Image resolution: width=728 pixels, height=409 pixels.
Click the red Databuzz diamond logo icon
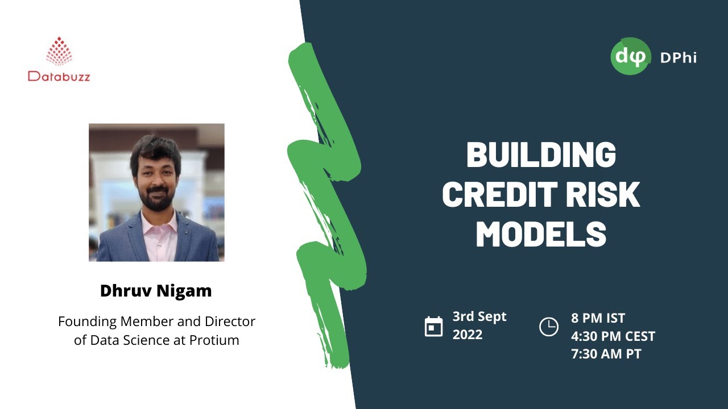tap(59, 51)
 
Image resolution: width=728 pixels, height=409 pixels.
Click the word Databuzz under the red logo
tap(59, 76)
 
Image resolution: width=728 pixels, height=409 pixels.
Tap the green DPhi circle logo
tap(631, 56)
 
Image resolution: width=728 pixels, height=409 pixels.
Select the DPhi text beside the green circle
tap(678, 57)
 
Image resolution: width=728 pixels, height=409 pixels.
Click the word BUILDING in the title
tap(541, 155)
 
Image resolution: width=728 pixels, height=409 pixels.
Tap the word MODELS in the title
tap(541, 234)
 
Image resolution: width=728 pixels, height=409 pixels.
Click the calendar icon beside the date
tap(433, 327)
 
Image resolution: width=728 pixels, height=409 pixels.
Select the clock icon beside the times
tap(548, 327)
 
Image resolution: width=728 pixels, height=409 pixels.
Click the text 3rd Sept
tap(479, 317)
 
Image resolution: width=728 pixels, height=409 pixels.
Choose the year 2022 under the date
tap(468, 335)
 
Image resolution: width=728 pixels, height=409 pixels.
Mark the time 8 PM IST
tap(598, 318)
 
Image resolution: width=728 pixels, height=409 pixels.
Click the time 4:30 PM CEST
tap(613, 336)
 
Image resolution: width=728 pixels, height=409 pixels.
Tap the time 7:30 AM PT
tap(606, 354)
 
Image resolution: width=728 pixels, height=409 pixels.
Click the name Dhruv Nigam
tap(156, 291)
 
